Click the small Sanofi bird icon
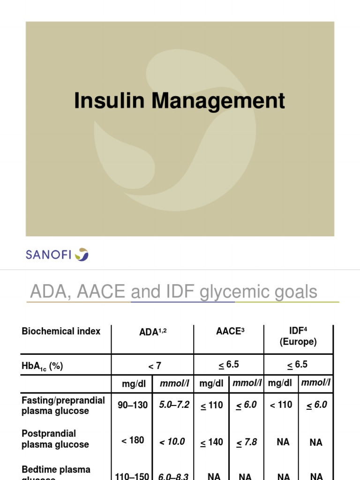[x=83, y=255]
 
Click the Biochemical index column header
[x=61, y=331]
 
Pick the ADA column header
[x=153, y=332]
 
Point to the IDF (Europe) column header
[x=298, y=337]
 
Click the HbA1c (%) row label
[x=42, y=367]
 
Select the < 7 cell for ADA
[x=152, y=365]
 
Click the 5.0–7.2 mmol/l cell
[x=173, y=405]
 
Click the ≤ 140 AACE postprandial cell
[x=212, y=442]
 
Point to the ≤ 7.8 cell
[x=247, y=442]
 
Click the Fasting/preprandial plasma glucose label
[x=63, y=405]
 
